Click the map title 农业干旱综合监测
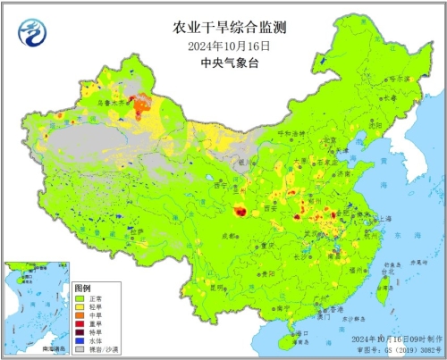click(x=223, y=28)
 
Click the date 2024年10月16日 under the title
click(x=223, y=46)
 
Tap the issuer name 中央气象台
click(x=223, y=63)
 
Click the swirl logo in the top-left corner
click(x=31, y=33)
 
